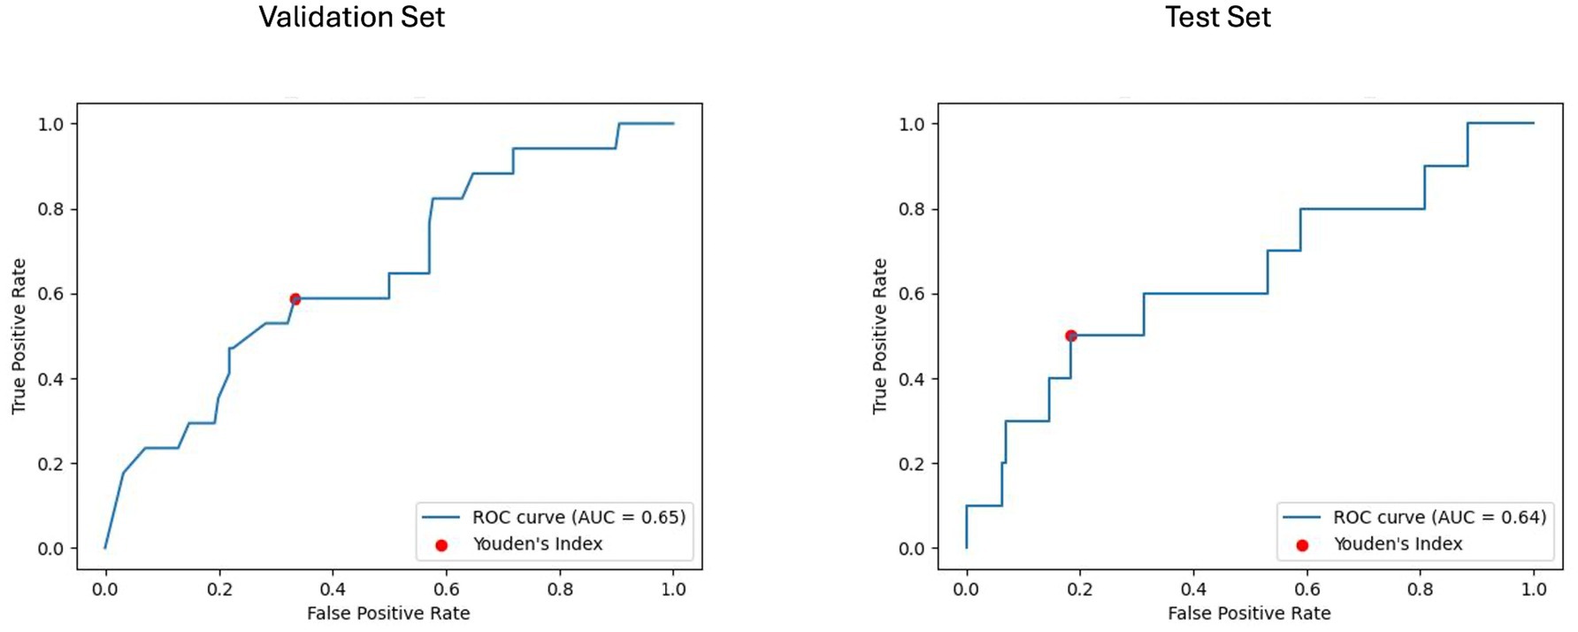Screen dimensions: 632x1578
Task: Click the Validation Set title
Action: tap(351, 17)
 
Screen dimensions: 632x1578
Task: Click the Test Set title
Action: tap(1217, 17)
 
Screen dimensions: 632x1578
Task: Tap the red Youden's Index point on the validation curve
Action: tap(295, 299)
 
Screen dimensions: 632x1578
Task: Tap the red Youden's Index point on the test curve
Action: tap(1070, 335)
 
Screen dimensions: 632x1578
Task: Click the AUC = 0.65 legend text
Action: tap(578, 517)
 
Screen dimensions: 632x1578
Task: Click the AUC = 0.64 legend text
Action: tap(1439, 517)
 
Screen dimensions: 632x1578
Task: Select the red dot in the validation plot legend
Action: tap(441, 545)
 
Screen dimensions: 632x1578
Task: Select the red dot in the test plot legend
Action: tap(1302, 545)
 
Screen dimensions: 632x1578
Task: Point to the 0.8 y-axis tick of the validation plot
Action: tap(51, 209)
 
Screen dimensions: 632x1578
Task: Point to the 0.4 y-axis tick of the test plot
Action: tap(912, 379)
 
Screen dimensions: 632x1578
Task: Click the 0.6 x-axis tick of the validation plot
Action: tap(446, 589)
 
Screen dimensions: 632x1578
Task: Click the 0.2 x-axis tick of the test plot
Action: tap(1079, 589)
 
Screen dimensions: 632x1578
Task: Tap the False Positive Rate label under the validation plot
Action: tap(388, 613)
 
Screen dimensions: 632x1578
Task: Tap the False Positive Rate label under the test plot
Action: tap(1249, 613)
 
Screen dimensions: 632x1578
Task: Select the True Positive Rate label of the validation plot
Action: tap(19, 335)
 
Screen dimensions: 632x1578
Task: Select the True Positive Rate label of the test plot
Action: tap(879, 335)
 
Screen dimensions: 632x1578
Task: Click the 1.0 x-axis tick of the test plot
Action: tap(1534, 589)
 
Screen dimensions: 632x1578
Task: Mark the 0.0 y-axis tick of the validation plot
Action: tap(51, 549)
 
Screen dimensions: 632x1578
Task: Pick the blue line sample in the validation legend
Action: tap(441, 517)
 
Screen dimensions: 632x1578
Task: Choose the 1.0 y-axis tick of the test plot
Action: tap(912, 124)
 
